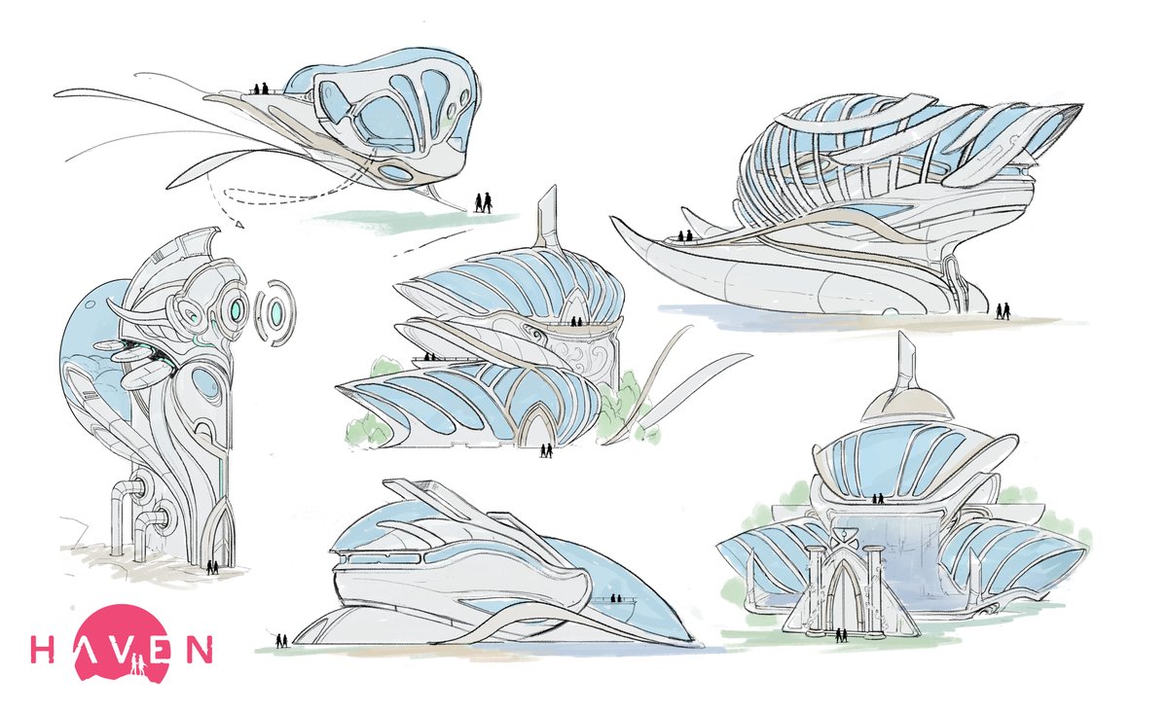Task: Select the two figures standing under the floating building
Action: pos(483,202)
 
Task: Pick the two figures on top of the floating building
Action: pos(259,89)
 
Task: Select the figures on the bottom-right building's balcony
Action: pos(878,499)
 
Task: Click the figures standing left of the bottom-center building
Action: pos(282,640)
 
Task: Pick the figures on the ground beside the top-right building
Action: pos(1003,310)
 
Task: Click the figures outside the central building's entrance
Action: pos(547,450)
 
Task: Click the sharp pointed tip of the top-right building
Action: pos(1079,106)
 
